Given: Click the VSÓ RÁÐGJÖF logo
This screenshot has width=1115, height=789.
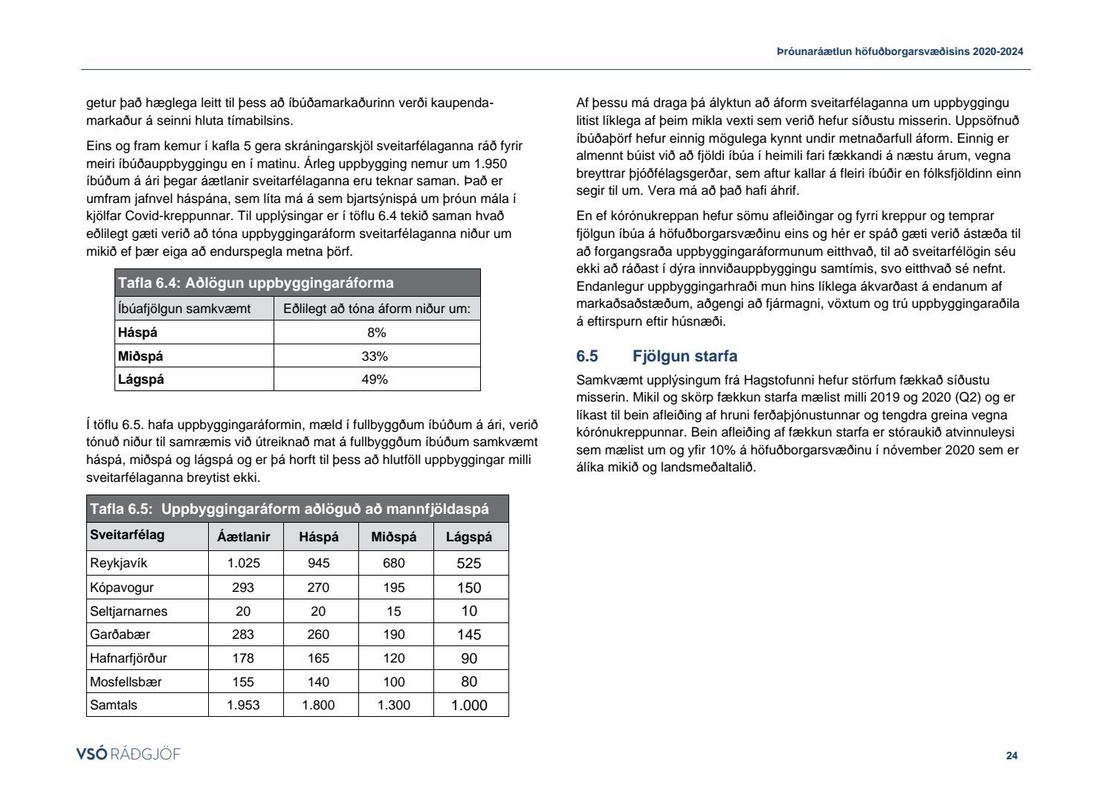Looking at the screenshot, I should [x=129, y=754].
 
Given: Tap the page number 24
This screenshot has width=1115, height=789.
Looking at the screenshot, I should [x=1012, y=756].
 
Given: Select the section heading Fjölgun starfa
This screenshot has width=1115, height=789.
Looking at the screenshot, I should [x=685, y=356].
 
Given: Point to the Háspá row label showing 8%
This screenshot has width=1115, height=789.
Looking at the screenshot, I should [x=138, y=332].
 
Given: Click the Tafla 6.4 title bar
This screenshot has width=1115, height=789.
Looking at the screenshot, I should [x=297, y=283].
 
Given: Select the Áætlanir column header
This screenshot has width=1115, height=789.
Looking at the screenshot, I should [x=244, y=537].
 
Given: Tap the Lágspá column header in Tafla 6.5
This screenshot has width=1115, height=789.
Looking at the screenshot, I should [x=469, y=537].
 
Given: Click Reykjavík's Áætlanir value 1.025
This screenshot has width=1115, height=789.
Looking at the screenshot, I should [x=244, y=564].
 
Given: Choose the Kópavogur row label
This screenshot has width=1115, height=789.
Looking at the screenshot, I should [x=122, y=587].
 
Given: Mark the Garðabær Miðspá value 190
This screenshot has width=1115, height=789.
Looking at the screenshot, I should [x=394, y=635].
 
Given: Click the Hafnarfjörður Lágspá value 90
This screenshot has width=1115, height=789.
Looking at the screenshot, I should [x=469, y=659].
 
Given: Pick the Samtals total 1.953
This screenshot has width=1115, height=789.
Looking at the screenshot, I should [x=244, y=705].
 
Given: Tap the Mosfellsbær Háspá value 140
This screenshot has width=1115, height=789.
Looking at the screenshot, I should [x=318, y=682].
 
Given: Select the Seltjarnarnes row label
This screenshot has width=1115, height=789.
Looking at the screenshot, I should [x=129, y=611].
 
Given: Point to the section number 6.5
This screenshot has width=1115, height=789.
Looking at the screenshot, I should [x=587, y=356].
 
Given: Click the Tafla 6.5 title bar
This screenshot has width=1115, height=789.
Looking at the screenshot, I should [x=297, y=509].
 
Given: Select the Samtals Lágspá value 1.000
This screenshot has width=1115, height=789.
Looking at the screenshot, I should [x=469, y=706].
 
